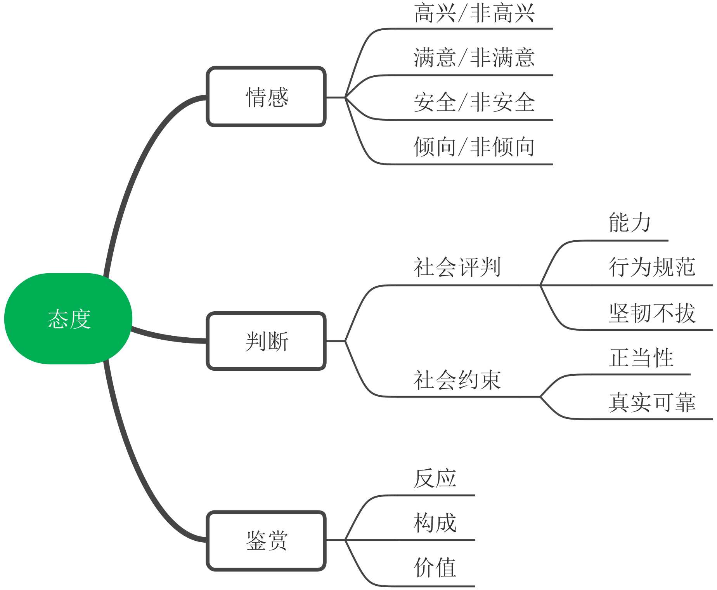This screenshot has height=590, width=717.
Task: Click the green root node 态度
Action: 68,319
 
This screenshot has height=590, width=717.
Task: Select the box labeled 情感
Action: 266,97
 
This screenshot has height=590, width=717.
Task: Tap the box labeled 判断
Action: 266,341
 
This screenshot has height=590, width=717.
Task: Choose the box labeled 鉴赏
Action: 266,540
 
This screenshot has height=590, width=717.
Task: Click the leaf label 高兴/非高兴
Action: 474,13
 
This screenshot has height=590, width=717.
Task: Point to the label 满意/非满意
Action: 474,57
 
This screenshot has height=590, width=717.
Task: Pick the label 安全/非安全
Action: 474,102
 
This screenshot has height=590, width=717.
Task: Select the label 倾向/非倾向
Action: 474,147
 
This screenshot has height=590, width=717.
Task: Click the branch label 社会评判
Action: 457,267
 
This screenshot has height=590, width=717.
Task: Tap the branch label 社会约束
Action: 457,380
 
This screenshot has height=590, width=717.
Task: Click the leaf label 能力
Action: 629,222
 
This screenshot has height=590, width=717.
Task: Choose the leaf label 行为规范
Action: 652,267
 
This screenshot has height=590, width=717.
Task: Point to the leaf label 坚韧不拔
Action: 652,313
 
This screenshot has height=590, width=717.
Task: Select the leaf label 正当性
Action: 641,357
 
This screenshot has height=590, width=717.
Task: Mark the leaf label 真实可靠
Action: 652,402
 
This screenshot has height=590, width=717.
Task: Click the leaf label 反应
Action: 435,478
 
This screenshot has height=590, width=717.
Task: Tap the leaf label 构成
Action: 435,523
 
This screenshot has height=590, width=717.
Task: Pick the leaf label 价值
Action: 435,567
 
